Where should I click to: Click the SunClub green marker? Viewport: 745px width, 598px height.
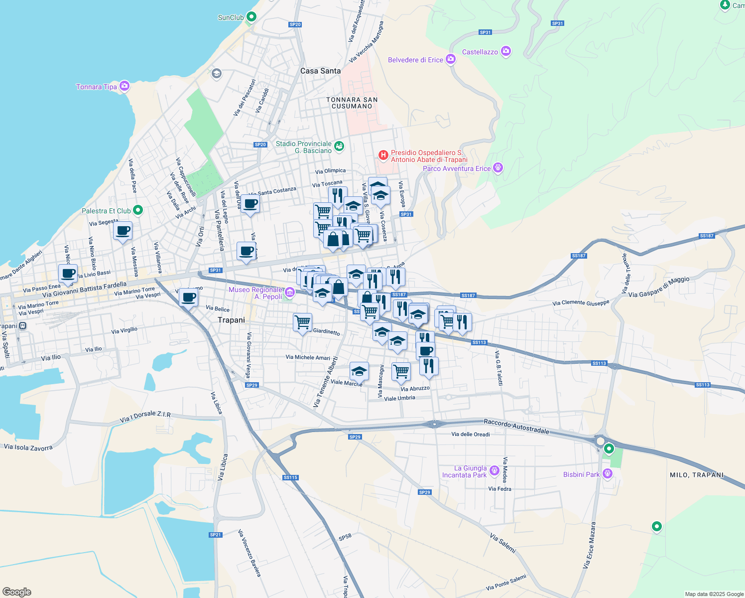coord(251,17)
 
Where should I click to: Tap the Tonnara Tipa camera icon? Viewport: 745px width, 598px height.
coord(124,86)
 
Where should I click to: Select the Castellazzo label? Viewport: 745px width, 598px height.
coord(480,52)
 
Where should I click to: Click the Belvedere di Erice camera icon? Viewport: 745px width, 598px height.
coord(451,59)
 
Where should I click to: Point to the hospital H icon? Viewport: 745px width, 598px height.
coord(383,155)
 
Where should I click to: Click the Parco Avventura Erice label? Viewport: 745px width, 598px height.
coord(457,168)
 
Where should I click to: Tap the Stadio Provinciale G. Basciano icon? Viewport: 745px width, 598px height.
coord(339,146)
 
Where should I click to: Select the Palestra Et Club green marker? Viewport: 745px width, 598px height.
coord(138,210)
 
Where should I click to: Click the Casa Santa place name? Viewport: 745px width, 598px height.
coord(320,71)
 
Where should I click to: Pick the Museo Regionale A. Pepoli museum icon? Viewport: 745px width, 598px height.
coord(290,291)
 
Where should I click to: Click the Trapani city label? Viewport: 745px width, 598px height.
coord(231,320)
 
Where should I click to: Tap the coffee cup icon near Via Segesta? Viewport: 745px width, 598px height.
coord(123,231)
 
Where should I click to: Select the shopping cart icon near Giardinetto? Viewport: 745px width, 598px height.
coord(302,322)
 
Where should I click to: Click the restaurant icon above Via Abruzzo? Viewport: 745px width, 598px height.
coord(429,366)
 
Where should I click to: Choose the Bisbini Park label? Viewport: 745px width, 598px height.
coord(581,474)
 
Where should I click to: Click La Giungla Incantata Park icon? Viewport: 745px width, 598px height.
coord(494,470)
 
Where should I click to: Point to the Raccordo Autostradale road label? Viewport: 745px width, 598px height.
coord(516,427)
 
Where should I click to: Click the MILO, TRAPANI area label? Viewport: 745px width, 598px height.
coord(697,475)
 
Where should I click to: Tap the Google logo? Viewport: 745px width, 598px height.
coord(16,592)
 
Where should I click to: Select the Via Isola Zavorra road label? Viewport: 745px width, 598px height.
coord(28,448)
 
